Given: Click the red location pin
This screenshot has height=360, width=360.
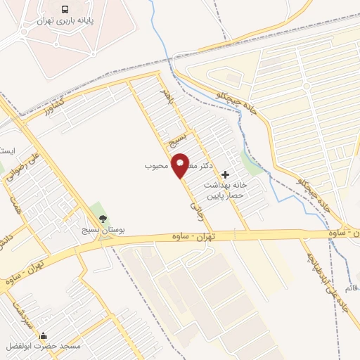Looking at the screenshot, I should tap(180, 165).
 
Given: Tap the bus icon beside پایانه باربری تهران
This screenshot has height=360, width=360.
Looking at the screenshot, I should tap(65, 10).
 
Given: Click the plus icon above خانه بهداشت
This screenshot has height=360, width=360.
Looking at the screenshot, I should tap(225, 174).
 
